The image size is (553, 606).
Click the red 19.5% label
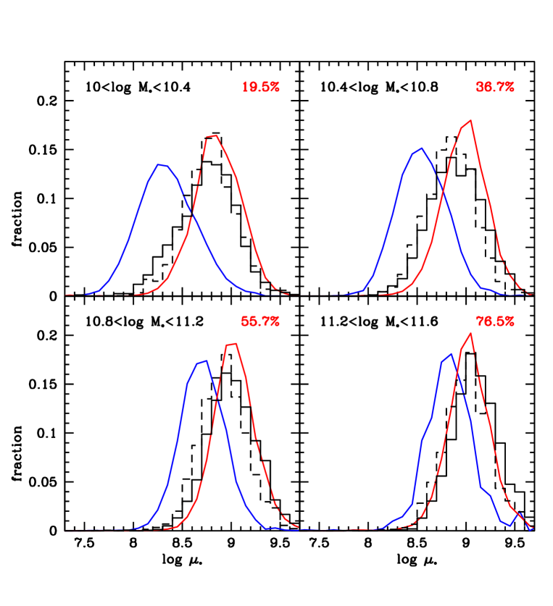click(x=260, y=87)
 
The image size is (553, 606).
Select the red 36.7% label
click(x=494, y=87)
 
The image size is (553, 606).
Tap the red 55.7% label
click(x=260, y=321)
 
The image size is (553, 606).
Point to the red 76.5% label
click(x=494, y=321)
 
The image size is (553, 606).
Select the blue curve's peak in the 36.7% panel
click(x=421, y=148)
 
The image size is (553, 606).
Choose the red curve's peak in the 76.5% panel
click(x=471, y=333)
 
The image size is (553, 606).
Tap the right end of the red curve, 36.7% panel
click(x=531, y=294)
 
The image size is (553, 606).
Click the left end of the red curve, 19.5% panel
click(x=67, y=295)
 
